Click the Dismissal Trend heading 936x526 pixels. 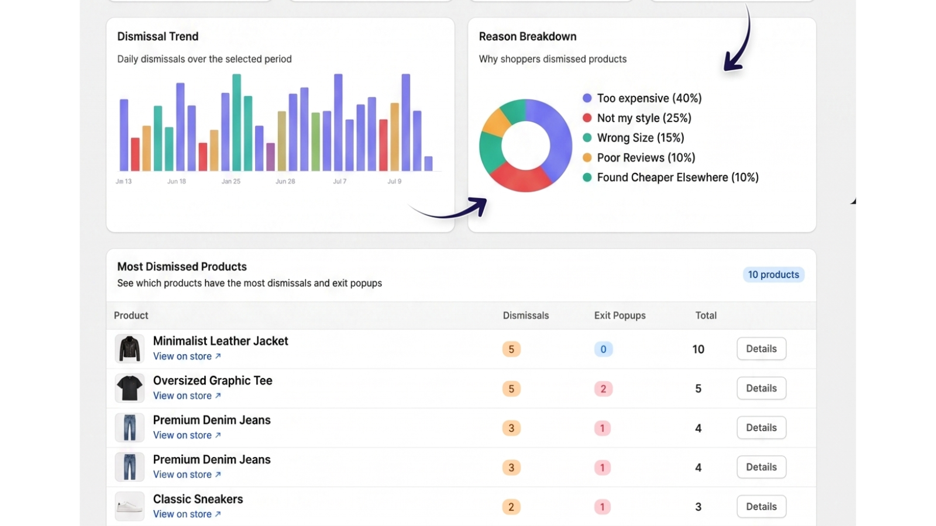coord(157,37)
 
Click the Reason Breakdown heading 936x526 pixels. coord(527,37)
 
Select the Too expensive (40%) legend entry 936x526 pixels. coord(642,98)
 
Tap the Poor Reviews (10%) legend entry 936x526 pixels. coord(639,158)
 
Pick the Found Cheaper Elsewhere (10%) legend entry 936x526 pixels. coord(670,178)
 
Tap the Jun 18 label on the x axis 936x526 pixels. coord(176,182)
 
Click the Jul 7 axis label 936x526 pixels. coord(339,182)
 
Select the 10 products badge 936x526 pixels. coord(773,275)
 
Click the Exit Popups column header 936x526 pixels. coord(620,316)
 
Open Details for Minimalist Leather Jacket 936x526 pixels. coord(761,348)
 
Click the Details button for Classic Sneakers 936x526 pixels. coord(761,506)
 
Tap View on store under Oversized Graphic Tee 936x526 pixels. coord(187,396)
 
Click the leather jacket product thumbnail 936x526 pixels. coord(129,348)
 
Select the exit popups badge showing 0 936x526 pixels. coord(603,349)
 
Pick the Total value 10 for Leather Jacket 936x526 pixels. coord(698,349)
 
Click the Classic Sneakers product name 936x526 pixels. coord(198,499)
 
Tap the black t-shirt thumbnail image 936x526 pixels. coord(129,388)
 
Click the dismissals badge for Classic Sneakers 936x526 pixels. coord(511,507)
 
